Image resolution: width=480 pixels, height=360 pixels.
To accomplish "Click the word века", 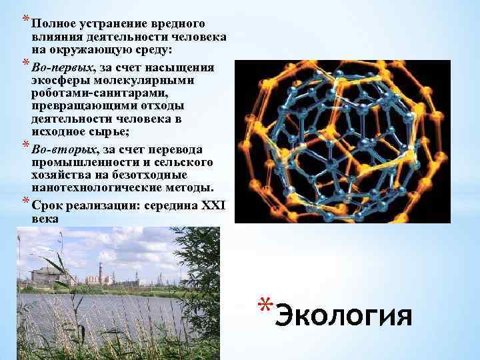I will (x=45, y=218).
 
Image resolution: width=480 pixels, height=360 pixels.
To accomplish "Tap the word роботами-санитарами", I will (x=86, y=93).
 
